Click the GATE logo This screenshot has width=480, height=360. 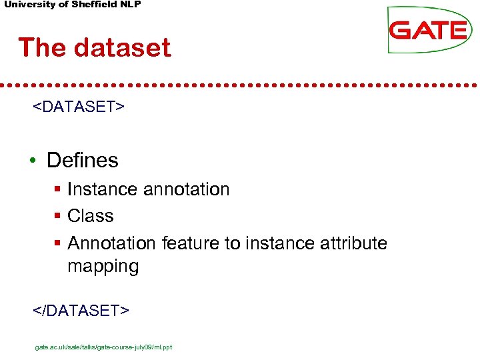pyautogui.click(x=428, y=30)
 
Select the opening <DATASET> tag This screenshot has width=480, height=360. pyautogui.click(x=79, y=107)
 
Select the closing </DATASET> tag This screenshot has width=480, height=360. pyautogui.click(x=81, y=310)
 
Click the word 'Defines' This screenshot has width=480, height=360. pyautogui.click(x=83, y=161)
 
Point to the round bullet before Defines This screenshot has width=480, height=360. pyautogui.click(x=32, y=161)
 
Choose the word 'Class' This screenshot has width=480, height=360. pyautogui.click(x=91, y=217)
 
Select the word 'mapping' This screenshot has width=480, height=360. pyautogui.click(x=103, y=267)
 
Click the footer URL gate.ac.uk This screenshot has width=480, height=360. pyautogui.click(x=103, y=347)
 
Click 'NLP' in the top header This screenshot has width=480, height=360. pyautogui.click(x=129, y=5)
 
